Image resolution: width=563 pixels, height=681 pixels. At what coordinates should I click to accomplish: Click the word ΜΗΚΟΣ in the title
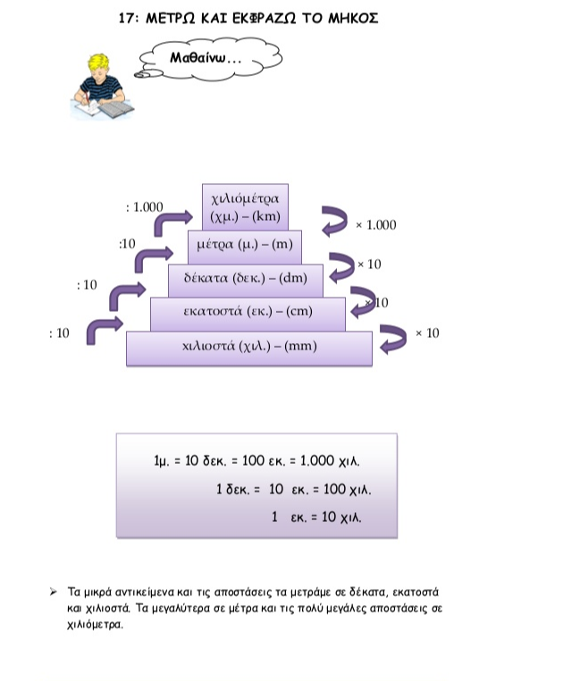pos(353,18)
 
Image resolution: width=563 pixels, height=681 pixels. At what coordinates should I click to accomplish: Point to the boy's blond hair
pos(99,64)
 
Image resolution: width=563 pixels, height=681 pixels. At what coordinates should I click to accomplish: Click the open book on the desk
pos(116,108)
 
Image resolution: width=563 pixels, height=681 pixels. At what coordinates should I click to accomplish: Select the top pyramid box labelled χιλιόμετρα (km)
pos(245,207)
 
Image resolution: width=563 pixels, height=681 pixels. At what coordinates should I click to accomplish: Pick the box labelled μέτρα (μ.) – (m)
pos(245,247)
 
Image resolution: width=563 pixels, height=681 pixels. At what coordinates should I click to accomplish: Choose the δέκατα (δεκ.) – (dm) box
pos(246,280)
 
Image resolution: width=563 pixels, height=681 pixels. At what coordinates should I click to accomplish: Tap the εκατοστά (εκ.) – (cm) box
pos(248,314)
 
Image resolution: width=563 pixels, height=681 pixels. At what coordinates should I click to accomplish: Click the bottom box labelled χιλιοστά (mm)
pos(249,349)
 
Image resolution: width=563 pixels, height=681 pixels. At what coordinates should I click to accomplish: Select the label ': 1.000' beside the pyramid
pos(144,207)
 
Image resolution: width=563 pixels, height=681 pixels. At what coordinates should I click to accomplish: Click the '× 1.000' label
pos(375,225)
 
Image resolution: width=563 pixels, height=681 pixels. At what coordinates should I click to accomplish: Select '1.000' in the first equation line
pos(317,460)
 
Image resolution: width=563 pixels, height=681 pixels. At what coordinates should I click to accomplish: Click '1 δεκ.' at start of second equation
pos(233,490)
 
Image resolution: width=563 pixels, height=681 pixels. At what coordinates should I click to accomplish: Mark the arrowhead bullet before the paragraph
pos(53,592)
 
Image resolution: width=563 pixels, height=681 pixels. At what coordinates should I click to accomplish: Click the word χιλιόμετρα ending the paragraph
pos(95,625)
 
